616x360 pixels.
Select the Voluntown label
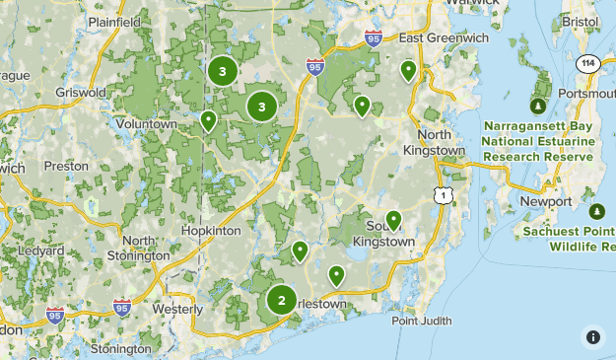pyautogui.click(x=146, y=124)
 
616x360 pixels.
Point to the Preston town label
pyautogui.click(x=66, y=166)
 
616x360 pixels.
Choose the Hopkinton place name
pyautogui.click(x=211, y=230)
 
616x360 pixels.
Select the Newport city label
pyautogui.click(x=546, y=201)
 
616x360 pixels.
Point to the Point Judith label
pyautogui.click(x=421, y=321)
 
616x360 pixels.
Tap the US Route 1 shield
pyautogui.click(x=446, y=195)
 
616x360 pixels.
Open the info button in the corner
pyautogui.click(x=593, y=336)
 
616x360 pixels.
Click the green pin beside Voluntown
pyautogui.click(x=208, y=120)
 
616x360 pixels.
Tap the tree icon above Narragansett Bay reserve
pyautogui.click(x=538, y=106)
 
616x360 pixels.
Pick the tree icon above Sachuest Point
pyautogui.click(x=596, y=211)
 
